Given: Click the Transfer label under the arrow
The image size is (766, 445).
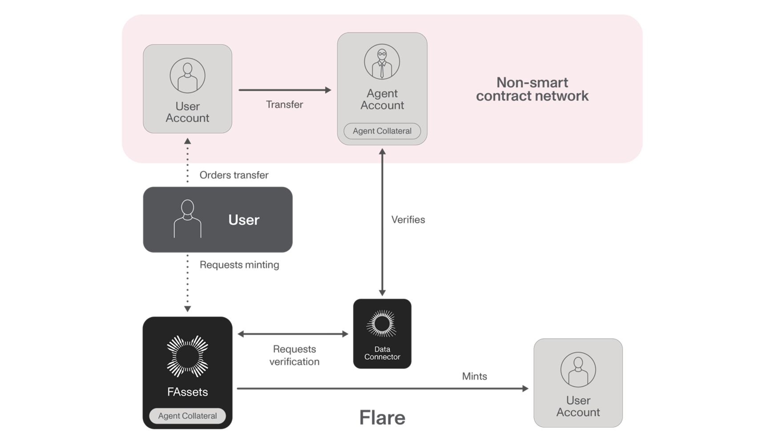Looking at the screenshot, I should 284,105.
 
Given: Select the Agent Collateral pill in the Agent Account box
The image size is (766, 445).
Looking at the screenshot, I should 382,131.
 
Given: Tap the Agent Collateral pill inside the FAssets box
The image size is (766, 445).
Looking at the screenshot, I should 187,416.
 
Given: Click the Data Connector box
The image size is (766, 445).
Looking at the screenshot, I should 382,334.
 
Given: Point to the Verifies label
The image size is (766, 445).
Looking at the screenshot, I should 408,220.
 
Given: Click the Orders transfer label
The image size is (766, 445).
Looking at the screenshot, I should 234,175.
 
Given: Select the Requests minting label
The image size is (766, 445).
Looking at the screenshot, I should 239,265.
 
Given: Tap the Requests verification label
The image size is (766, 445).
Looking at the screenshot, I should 294,355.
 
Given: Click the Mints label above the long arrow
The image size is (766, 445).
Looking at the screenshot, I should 474,376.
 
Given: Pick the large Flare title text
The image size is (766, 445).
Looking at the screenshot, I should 382,418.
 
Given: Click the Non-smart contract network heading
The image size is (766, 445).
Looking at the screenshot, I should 532,89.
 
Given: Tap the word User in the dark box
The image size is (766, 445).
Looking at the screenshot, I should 243,220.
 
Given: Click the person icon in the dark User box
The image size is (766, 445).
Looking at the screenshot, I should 187,218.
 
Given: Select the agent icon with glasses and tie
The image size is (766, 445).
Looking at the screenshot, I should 382,62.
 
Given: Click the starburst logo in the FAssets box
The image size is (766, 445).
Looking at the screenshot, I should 187,356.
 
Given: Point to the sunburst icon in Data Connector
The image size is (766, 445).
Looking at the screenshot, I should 382,324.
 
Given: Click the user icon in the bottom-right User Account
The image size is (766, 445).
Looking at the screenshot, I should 578,369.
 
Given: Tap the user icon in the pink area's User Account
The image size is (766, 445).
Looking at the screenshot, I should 187,76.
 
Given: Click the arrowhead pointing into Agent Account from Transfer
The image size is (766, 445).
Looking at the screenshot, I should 328,90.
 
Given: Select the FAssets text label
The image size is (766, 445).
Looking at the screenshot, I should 187,392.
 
